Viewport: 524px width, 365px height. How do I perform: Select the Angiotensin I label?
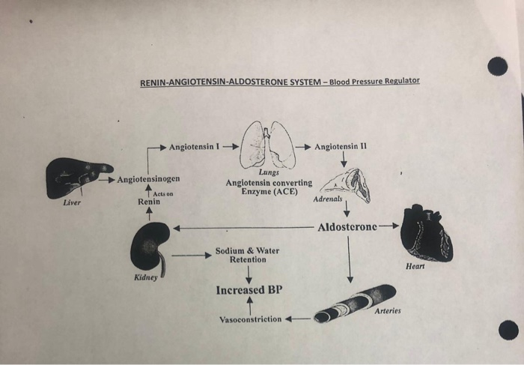coord(194,145)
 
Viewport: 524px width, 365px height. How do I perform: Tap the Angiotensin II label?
coord(341,145)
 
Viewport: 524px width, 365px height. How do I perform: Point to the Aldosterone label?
coord(348,226)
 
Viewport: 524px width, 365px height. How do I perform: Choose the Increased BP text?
coord(249,290)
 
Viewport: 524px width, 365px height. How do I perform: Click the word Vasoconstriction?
coord(250,319)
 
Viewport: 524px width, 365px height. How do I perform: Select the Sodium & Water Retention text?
coord(247,255)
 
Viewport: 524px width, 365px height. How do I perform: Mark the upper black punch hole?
coord(497,67)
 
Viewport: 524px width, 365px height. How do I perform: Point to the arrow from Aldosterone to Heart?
coord(389,226)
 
